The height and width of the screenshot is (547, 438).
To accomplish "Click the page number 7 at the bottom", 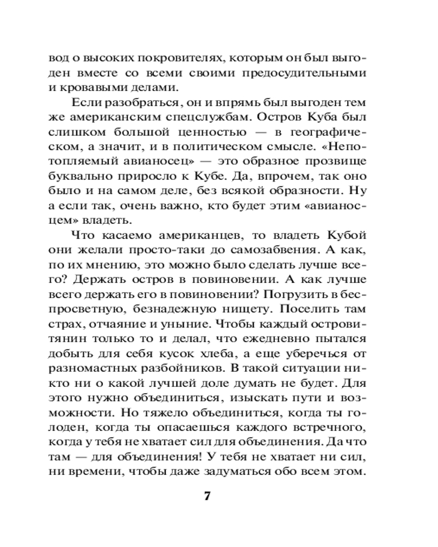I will [x=207, y=497].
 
